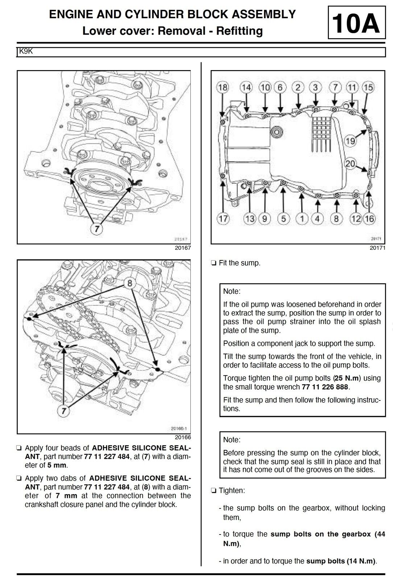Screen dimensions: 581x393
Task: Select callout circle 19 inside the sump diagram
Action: (x=350, y=141)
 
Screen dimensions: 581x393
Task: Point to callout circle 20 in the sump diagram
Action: (x=350, y=164)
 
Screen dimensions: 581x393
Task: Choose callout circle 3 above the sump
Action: (x=315, y=88)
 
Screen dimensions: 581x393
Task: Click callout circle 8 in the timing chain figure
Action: (x=129, y=283)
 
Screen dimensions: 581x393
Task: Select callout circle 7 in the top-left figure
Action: (x=97, y=229)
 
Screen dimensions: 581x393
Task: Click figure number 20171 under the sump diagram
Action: (x=377, y=248)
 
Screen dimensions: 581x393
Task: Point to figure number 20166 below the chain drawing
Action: (x=183, y=438)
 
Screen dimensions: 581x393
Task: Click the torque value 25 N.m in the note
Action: (x=348, y=378)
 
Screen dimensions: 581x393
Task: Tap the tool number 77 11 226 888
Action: (x=325, y=387)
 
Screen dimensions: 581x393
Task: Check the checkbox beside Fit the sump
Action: (x=214, y=263)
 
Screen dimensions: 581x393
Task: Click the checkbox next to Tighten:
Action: (x=214, y=491)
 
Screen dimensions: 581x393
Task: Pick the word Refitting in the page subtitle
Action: (x=239, y=31)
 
